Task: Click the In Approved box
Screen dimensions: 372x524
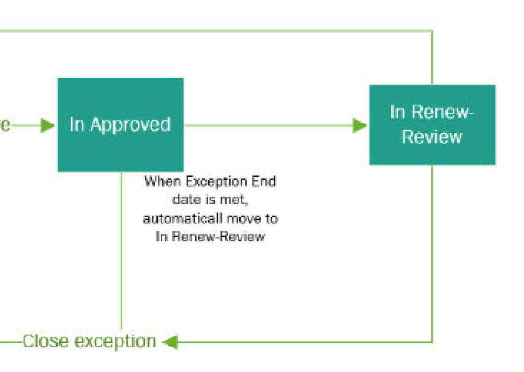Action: [120, 124]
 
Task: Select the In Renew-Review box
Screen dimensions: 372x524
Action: [432, 124]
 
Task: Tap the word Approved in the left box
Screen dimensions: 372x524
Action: [130, 125]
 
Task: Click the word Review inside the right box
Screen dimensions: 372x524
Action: [432, 137]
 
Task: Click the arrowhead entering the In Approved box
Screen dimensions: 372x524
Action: [48, 125]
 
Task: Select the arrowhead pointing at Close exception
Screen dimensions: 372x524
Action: [170, 342]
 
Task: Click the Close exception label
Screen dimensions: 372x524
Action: [89, 342]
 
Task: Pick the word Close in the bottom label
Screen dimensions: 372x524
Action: [46, 342]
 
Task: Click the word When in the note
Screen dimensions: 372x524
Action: [158, 182]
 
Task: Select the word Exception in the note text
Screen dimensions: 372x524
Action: [215, 182]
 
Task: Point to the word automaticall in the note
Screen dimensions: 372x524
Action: [175, 218]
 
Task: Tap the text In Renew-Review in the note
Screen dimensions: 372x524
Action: [210, 237]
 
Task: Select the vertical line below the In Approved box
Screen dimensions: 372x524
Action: [122, 252]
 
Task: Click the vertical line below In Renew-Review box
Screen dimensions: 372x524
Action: [432, 252]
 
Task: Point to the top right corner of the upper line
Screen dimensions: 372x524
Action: [432, 31]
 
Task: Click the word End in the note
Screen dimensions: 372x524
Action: [266, 182]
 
